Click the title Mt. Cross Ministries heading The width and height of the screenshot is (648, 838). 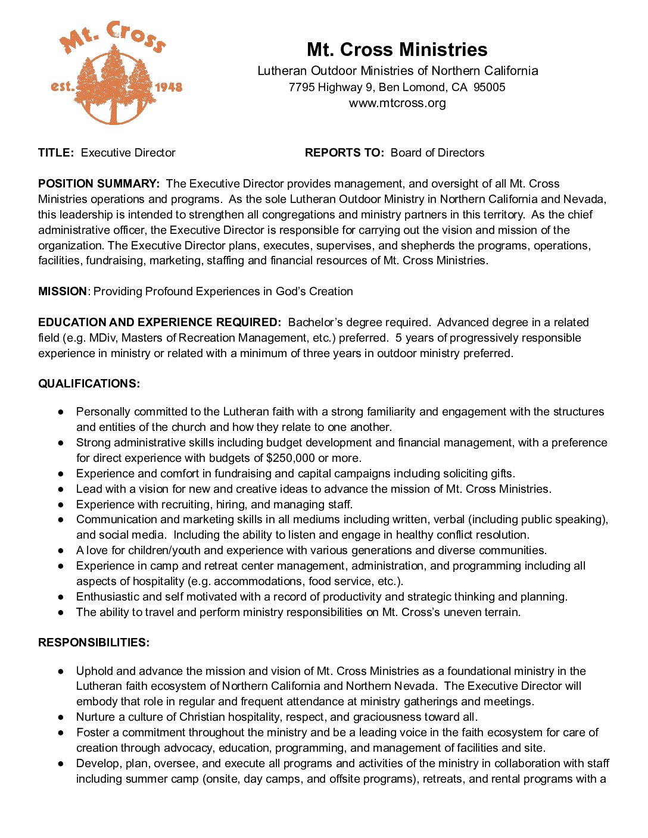(x=397, y=49)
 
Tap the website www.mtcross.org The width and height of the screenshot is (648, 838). (x=397, y=103)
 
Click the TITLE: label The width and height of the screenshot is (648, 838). (x=56, y=153)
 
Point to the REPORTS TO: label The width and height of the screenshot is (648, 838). (x=344, y=153)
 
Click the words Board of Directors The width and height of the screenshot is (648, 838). (x=437, y=153)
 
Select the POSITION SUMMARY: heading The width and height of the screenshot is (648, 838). (x=99, y=184)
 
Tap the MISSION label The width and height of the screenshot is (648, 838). (x=63, y=292)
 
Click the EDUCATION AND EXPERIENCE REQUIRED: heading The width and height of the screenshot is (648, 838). (x=159, y=323)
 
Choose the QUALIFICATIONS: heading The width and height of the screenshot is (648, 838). (x=89, y=384)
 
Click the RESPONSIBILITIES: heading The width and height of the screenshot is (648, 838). (x=94, y=643)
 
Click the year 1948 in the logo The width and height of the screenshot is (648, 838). (x=169, y=87)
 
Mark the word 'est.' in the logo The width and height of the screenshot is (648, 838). (x=63, y=87)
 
